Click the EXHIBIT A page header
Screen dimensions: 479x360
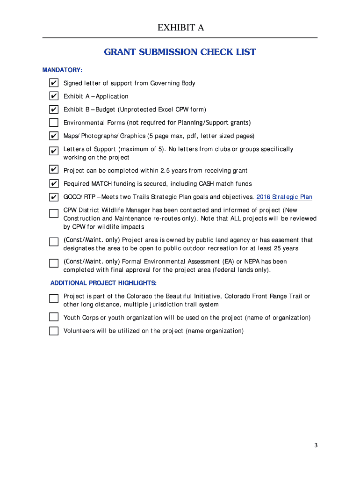(x=180, y=28)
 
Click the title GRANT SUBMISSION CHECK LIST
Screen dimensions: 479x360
(x=180, y=52)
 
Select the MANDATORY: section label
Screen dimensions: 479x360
(x=62, y=70)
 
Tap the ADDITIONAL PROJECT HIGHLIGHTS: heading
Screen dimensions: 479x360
(x=103, y=283)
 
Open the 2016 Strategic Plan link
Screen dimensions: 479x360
(x=284, y=197)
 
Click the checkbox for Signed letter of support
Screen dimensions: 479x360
(x=54, y=83)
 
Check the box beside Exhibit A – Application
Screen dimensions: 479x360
(x=54, y=96)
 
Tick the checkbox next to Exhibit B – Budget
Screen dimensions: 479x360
(x=54, y=109)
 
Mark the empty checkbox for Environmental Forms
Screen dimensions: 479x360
(x=54, y=123)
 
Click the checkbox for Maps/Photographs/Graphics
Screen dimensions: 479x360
(x=54, y=136)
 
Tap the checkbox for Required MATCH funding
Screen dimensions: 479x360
(x=54, y=183)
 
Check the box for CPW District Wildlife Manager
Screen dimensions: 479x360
(x=54, y=213)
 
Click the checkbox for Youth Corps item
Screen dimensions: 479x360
(x=54, y=317)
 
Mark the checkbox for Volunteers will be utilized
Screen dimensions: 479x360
(x=54, y=331)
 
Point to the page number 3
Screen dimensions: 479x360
(x=316, y=445)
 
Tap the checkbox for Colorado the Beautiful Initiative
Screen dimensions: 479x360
(x=54, y=298)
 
